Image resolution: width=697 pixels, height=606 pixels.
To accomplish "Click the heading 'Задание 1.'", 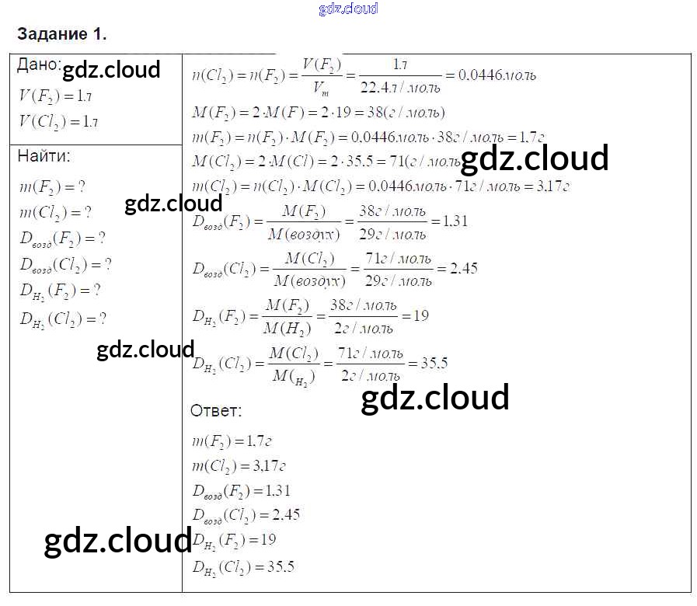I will coord(61,35).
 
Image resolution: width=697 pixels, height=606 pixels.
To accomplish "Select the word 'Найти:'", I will coord(44,155).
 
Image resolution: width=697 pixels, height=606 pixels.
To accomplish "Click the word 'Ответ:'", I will coord(216,410).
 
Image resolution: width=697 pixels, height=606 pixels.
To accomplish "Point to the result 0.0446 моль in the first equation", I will coord(497,76).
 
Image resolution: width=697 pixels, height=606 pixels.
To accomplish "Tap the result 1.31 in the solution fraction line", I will coord(455,221).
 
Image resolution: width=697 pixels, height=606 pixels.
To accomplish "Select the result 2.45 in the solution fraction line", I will coord(463,269).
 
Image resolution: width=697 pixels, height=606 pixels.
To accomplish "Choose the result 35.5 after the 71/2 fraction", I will coord(434,363).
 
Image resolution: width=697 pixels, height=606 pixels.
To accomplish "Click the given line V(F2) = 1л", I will coord(56,96).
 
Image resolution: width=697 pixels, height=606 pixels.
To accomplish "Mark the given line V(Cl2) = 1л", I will coord(58,121).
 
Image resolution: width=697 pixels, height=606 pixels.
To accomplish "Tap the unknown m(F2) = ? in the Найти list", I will coord(53,186).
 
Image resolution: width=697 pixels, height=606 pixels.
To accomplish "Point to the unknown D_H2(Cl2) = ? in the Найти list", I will coord(63,318).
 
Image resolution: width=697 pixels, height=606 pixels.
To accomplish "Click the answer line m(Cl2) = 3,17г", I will coord(239,466).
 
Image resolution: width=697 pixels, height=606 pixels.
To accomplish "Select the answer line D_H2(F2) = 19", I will coord(234,539).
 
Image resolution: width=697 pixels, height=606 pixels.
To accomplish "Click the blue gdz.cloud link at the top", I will coord(348,9).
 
